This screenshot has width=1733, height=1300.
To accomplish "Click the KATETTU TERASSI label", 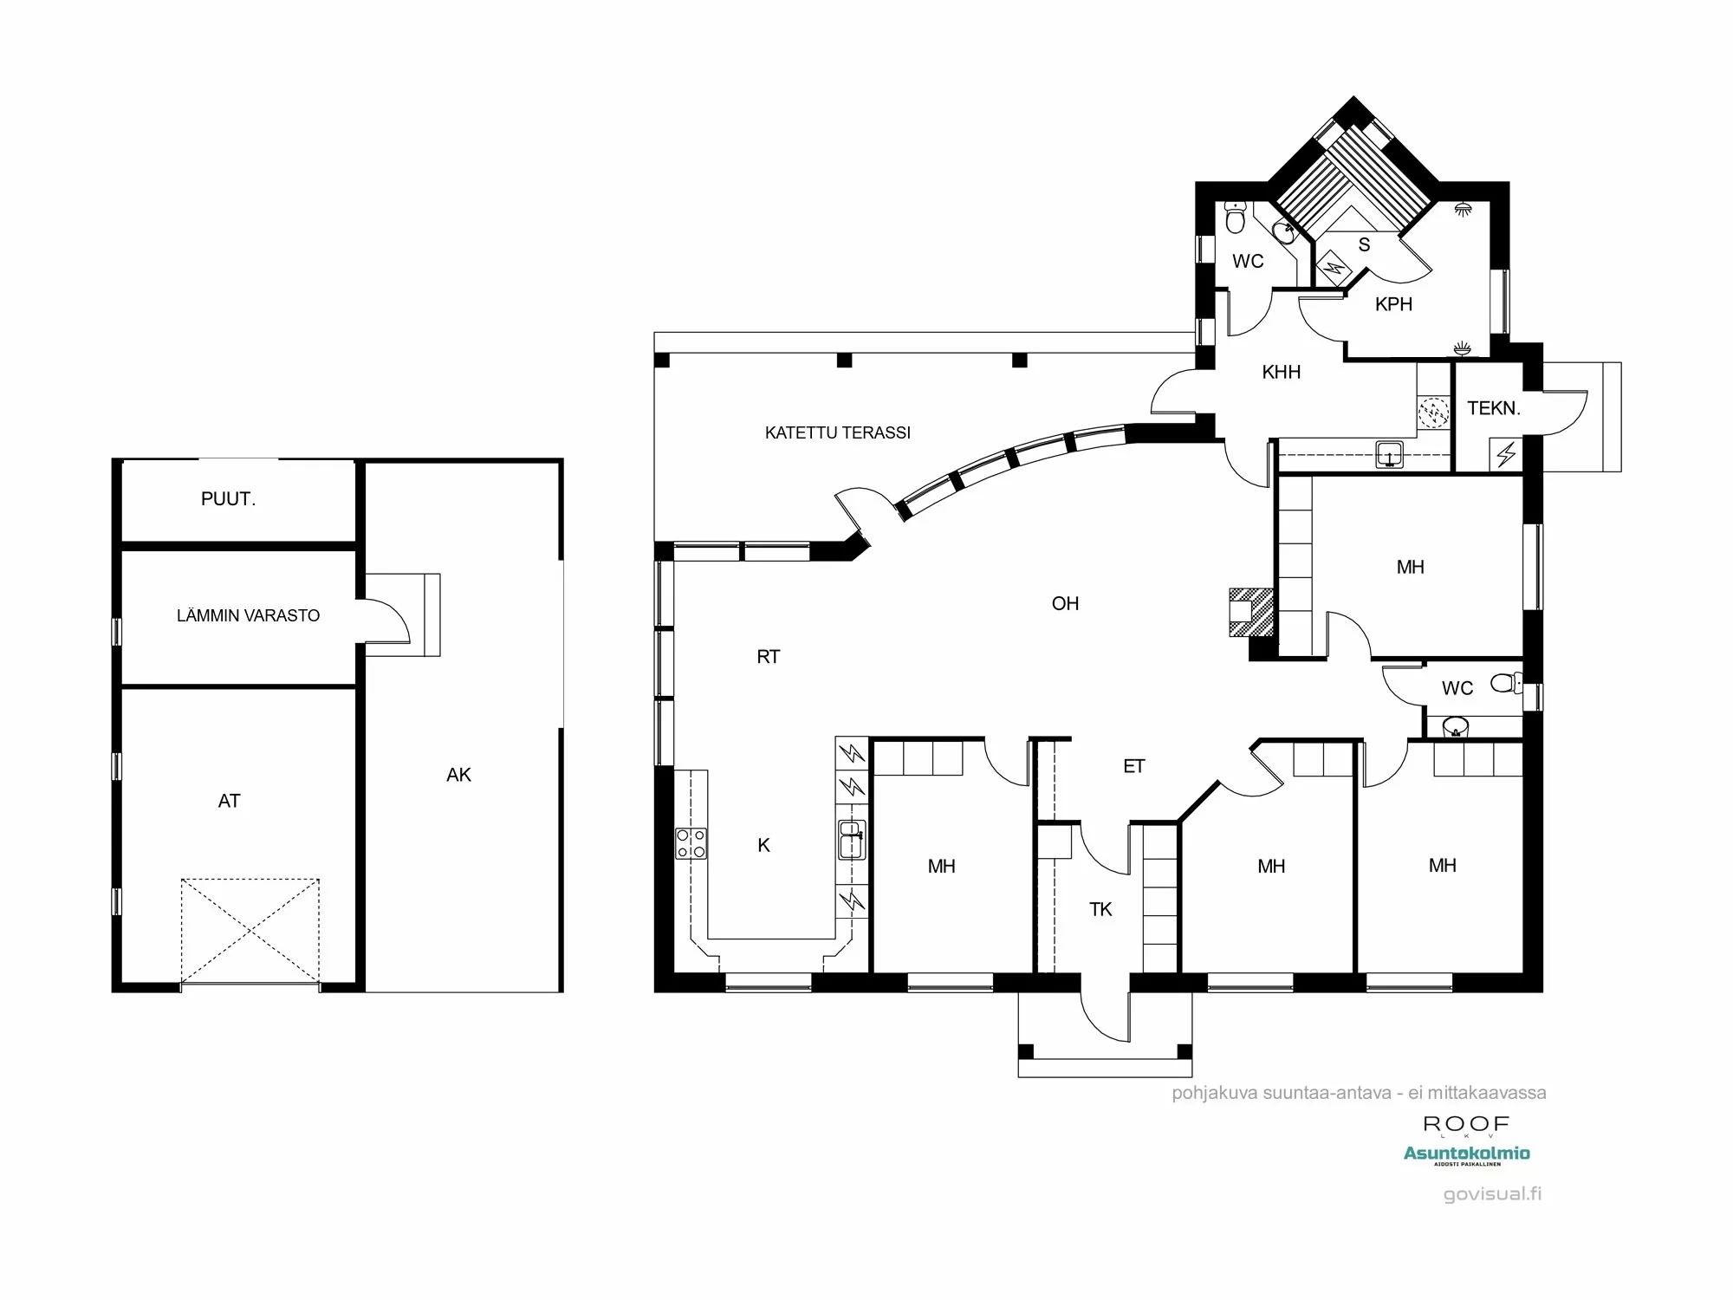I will tap(837, 432).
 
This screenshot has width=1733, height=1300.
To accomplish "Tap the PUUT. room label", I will tap(228, 499).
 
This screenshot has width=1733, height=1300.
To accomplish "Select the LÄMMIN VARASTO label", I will tap(248, 615).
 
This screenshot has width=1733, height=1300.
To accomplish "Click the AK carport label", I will tap(458, 775).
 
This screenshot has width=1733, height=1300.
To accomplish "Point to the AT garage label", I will tap(229, 801).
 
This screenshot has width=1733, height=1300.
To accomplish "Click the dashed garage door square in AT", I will tap(250, 931).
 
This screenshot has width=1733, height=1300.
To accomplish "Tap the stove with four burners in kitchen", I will tap(691, 843).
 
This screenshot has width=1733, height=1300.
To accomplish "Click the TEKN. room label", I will tap(1494, 408).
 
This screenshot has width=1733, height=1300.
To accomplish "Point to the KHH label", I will tap(1281, 372).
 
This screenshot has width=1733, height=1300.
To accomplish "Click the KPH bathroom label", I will tap(1393, 304).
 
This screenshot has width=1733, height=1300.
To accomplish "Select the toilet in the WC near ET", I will tap(1506, 683).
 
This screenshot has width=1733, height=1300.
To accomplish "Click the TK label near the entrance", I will tap(1100, 909).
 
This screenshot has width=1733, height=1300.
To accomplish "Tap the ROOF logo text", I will tap(1466, 1124).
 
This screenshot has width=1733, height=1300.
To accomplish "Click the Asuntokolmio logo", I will tap(1466, 1154).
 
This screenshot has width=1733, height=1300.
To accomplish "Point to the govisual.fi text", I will tap(1492, 1194).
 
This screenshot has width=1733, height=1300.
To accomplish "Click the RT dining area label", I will tap(768, 657).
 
